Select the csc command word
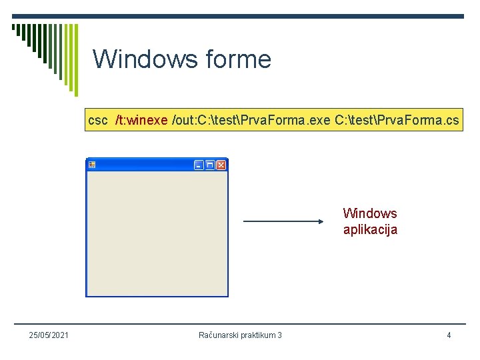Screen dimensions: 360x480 [x=98, y=120]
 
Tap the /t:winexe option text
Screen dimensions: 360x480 [x=141, y=120]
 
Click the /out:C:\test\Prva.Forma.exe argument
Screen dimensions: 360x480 [x=251, y=120]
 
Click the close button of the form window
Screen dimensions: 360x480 [x=221, y=165]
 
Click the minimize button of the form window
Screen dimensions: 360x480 [x=199, y=165]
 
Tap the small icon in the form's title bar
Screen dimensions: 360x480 [x=93, y=165]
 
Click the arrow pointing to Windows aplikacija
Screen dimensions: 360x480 [x=283, y=221]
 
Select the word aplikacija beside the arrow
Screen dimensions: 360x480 [x=370, y=230]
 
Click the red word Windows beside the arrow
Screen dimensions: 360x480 [x=370, y=213]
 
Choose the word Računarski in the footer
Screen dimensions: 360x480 [x=219, y=335]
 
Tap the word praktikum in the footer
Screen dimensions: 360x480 [x=257, y=335]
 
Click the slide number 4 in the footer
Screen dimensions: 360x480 [x=449, y=335]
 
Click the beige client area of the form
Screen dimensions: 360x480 [x=157, y=233]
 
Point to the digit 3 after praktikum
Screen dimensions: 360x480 [x=279, y=335]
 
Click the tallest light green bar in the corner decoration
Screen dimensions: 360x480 [x=75, y=60]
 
